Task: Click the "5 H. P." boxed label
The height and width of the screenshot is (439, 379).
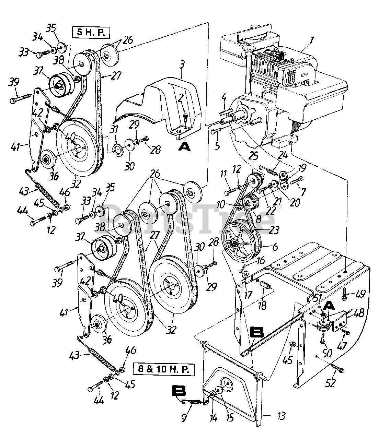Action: (x=91, y=33)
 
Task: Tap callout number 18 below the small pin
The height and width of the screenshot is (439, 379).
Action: (x=262, y=306)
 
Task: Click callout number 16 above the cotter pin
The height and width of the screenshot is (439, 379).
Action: (x=261, y=260)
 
